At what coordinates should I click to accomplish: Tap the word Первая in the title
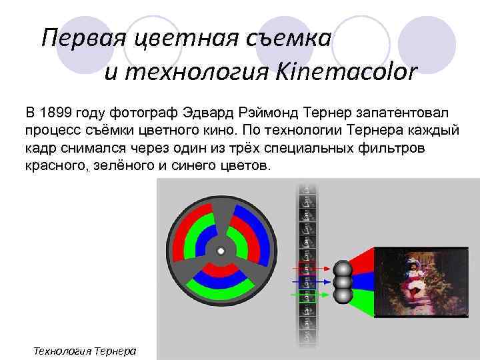point(81,38)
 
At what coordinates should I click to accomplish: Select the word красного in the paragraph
point(55,164)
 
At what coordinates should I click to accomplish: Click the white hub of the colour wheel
point(221,251)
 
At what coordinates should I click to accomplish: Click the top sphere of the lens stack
point(343,269)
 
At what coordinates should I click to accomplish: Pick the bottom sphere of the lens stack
point(343,294)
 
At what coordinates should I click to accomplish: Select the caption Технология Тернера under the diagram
point(85,350)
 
